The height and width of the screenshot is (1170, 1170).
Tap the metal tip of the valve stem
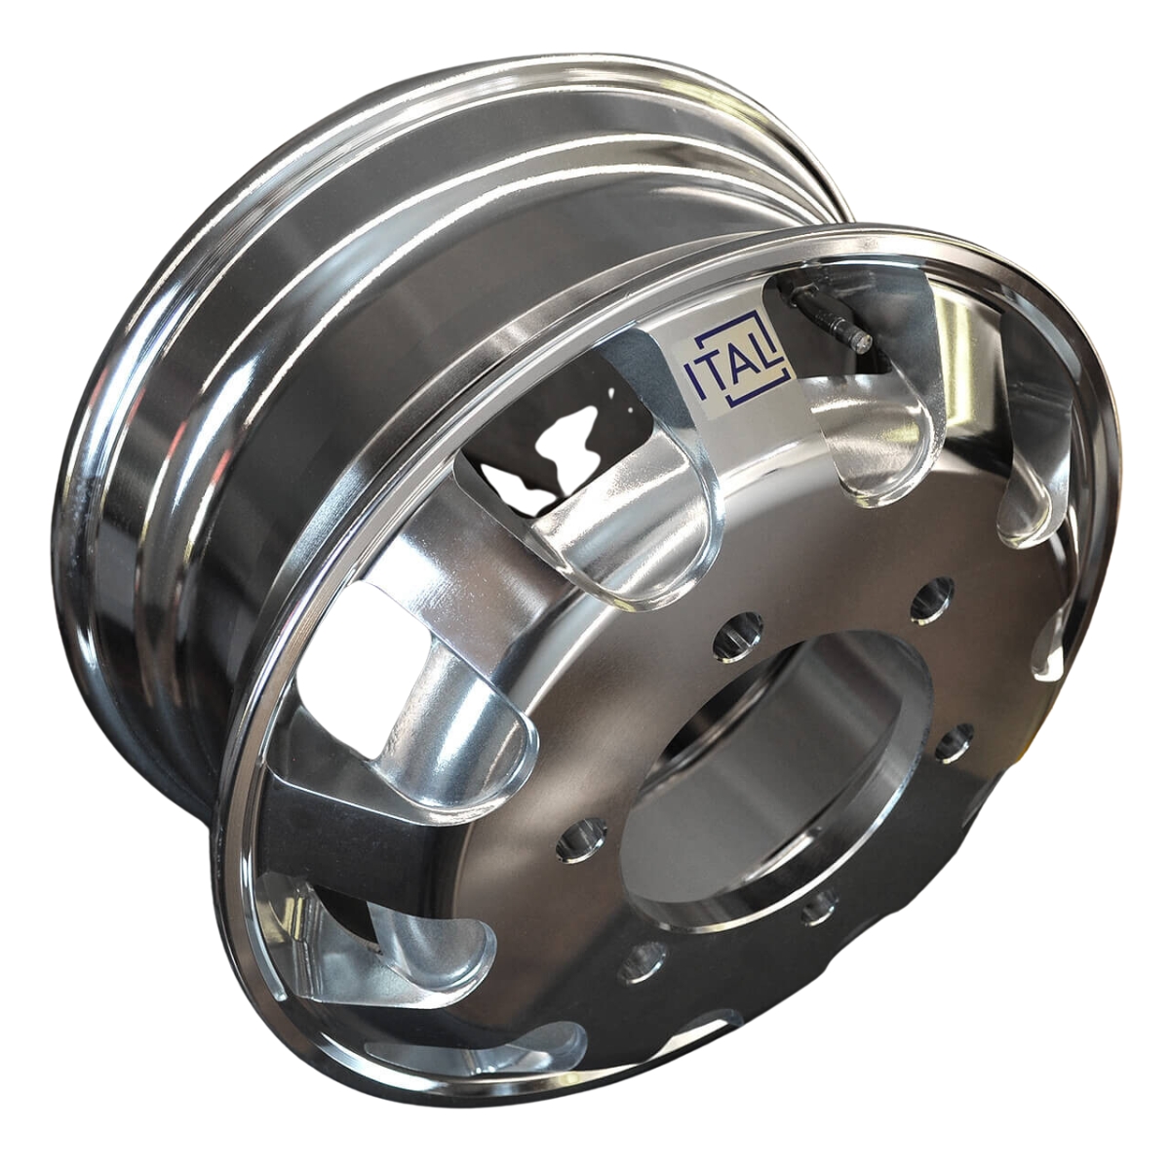click(858, 339)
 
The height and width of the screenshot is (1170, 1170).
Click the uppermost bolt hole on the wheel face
click(931, 597)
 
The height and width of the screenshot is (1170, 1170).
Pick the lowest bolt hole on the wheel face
click(642, 960)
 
